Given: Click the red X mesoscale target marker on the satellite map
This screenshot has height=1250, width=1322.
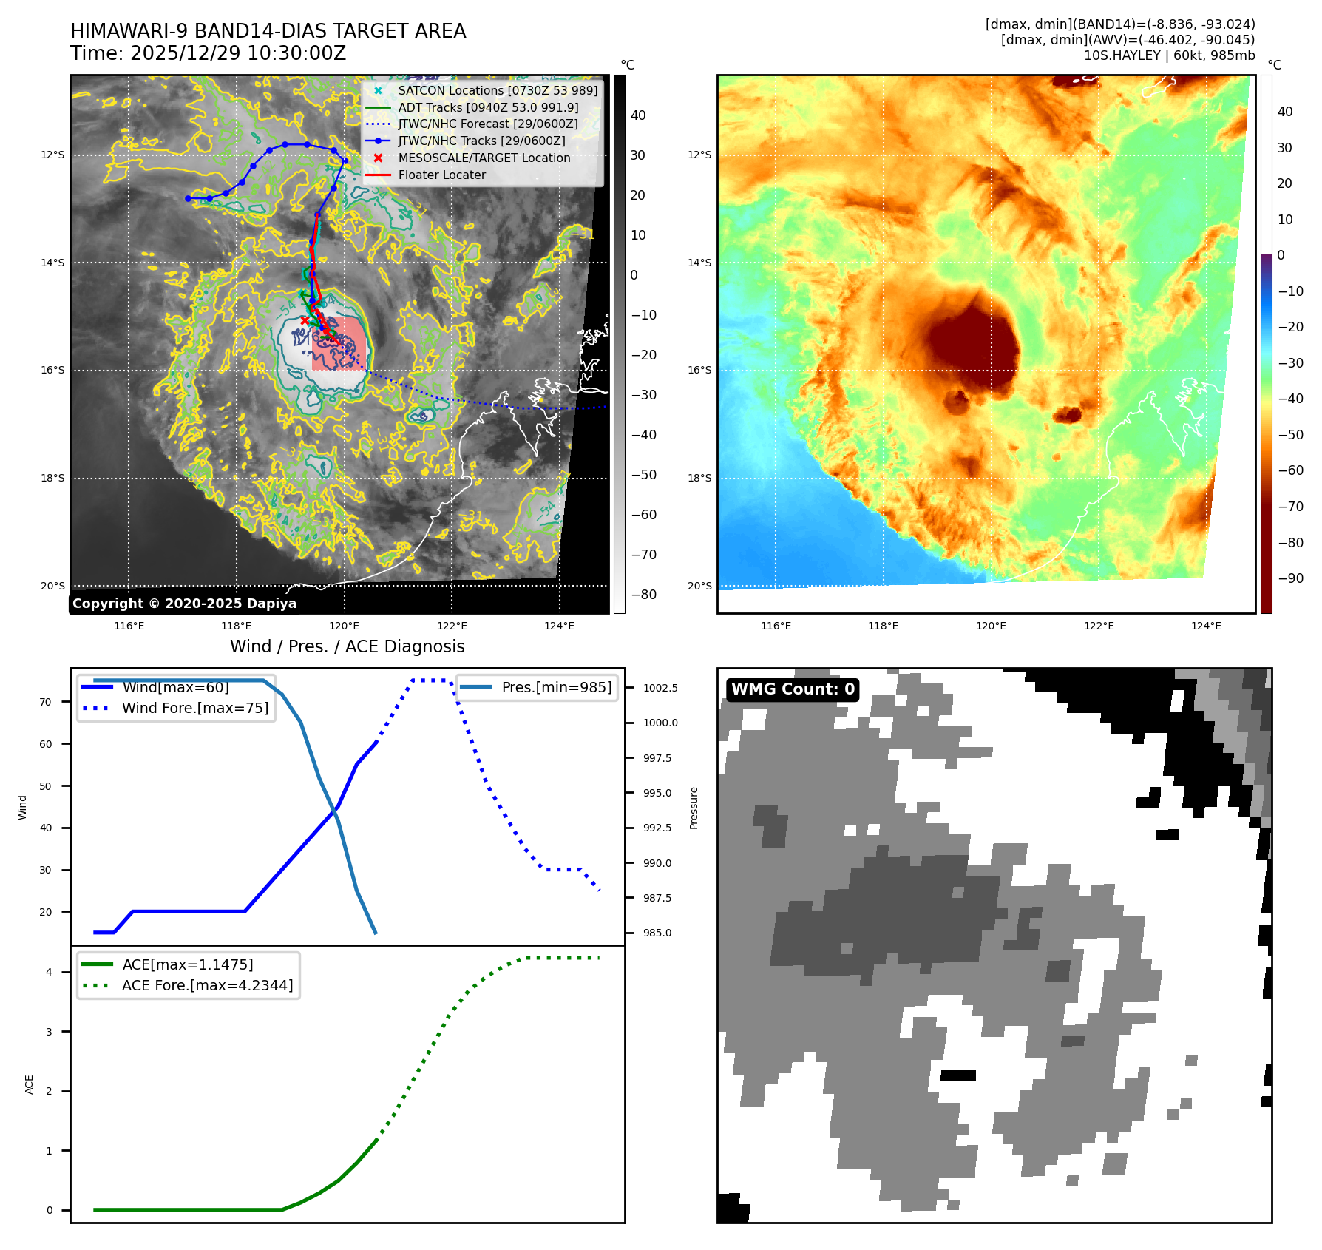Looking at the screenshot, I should click(x=305, y=320).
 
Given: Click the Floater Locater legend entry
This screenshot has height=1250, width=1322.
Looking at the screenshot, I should click(x=441, y=175).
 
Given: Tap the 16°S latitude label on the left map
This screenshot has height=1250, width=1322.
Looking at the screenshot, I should click(x=52, y=370).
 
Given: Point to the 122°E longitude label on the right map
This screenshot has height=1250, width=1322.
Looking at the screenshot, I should click(x=1099, y=626).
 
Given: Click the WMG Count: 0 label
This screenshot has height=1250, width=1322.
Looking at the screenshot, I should click(x=793, y=689).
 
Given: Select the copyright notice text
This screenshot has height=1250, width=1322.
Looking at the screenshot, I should click(x=184, y=604).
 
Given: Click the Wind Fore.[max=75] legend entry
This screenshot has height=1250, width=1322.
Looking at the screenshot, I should click(x=195, y=708).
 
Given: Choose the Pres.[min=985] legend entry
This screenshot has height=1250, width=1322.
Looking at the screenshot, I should click(x=556, y=687).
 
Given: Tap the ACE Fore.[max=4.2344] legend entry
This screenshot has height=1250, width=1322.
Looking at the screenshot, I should click(x=207, y=985).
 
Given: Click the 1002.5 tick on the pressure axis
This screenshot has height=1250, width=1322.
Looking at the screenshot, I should click(x=660, y=688).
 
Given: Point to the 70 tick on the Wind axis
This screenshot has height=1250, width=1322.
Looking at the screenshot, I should click(x=46, y=702).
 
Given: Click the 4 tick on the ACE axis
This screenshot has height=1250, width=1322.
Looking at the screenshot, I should click(x=49, y=972).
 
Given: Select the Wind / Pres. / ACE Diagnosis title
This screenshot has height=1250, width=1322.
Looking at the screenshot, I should click(x=348, y=646).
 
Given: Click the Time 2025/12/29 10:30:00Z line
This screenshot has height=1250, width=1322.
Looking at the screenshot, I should click(x=208, y=53).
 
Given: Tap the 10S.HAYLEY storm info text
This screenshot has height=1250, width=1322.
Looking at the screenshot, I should click(x=1169, y=55).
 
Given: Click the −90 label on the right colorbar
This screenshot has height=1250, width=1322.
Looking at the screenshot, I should click(x=1290, y=578).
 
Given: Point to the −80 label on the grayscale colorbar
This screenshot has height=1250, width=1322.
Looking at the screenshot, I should click(x=643, y=595).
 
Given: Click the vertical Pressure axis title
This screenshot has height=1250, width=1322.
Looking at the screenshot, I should click(x=694, y=808).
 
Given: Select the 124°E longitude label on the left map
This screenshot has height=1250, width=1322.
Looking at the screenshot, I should click(x=559, y=626).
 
